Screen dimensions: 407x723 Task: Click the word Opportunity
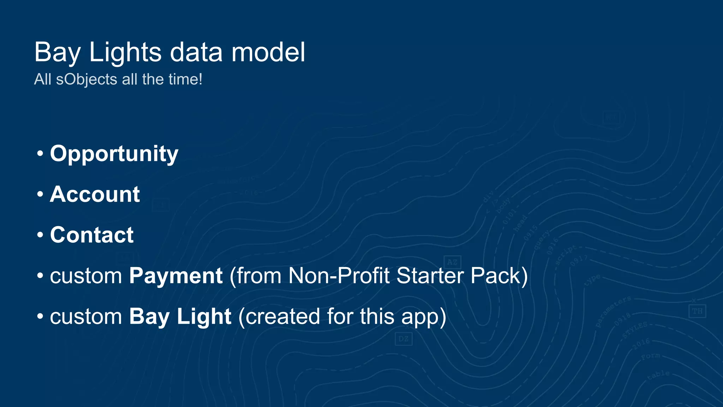point(114,154)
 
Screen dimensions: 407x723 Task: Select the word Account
point(95,194)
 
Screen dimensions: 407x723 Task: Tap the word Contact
point(92,235)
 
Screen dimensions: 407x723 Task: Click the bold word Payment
point(175,276)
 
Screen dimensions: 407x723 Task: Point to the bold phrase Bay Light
point(180,317)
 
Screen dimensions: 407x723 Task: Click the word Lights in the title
point(125,52)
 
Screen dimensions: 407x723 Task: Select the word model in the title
point(268,52)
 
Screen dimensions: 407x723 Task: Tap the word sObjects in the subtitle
point(86,79)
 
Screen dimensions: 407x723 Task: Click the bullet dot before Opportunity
point(40,154)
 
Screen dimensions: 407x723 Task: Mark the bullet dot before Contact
point(40,235)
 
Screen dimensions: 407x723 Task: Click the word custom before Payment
point(86,276)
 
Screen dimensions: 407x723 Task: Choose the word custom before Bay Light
point(86,317)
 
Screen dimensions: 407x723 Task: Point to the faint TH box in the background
point(697,311)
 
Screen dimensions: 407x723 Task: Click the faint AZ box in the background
point(452,262)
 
